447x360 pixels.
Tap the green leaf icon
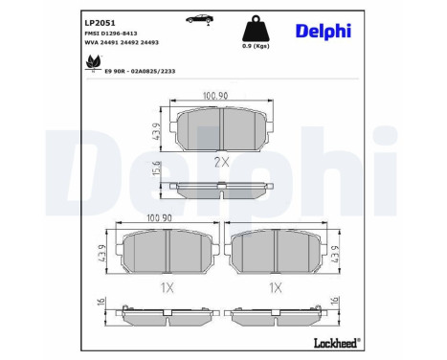click(92, 63)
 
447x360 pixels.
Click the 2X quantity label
click(221, 162)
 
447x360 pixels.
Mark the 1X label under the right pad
click(276, 287)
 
